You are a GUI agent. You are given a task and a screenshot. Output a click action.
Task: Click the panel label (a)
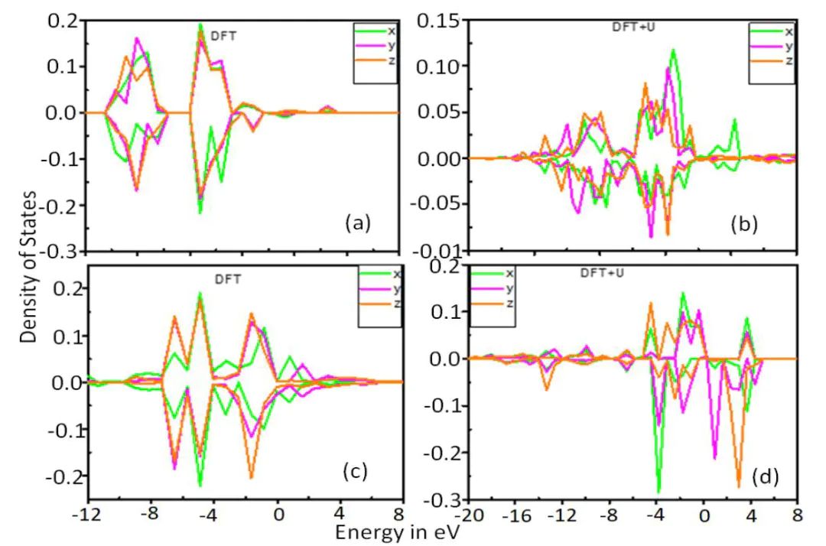[358, 223]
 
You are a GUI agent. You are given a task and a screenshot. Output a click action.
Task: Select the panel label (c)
[354, 471]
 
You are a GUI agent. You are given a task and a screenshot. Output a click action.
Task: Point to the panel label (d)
[765, 478]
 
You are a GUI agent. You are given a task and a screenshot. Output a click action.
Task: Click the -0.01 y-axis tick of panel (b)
[437, 251]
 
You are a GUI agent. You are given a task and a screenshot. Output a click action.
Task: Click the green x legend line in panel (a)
[370, 31]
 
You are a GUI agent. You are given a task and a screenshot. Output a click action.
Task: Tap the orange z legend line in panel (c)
[374, 304]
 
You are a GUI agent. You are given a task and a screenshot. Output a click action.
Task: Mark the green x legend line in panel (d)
[486, 273]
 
